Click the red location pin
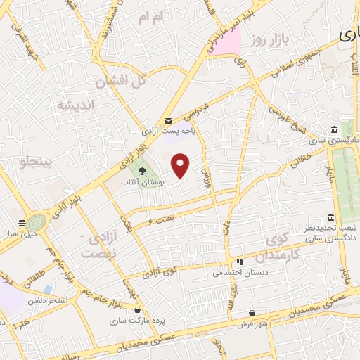[181, 165]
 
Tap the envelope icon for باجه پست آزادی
[167, 122]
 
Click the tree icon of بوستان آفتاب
[143, 171]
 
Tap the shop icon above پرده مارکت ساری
[137, 309]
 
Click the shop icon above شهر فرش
[252, 314]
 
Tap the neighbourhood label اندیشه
[75, 105]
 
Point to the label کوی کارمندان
[279, 246]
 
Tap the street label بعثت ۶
[161, 222]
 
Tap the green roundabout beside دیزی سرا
[37, 221]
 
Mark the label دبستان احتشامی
[239, 274]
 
